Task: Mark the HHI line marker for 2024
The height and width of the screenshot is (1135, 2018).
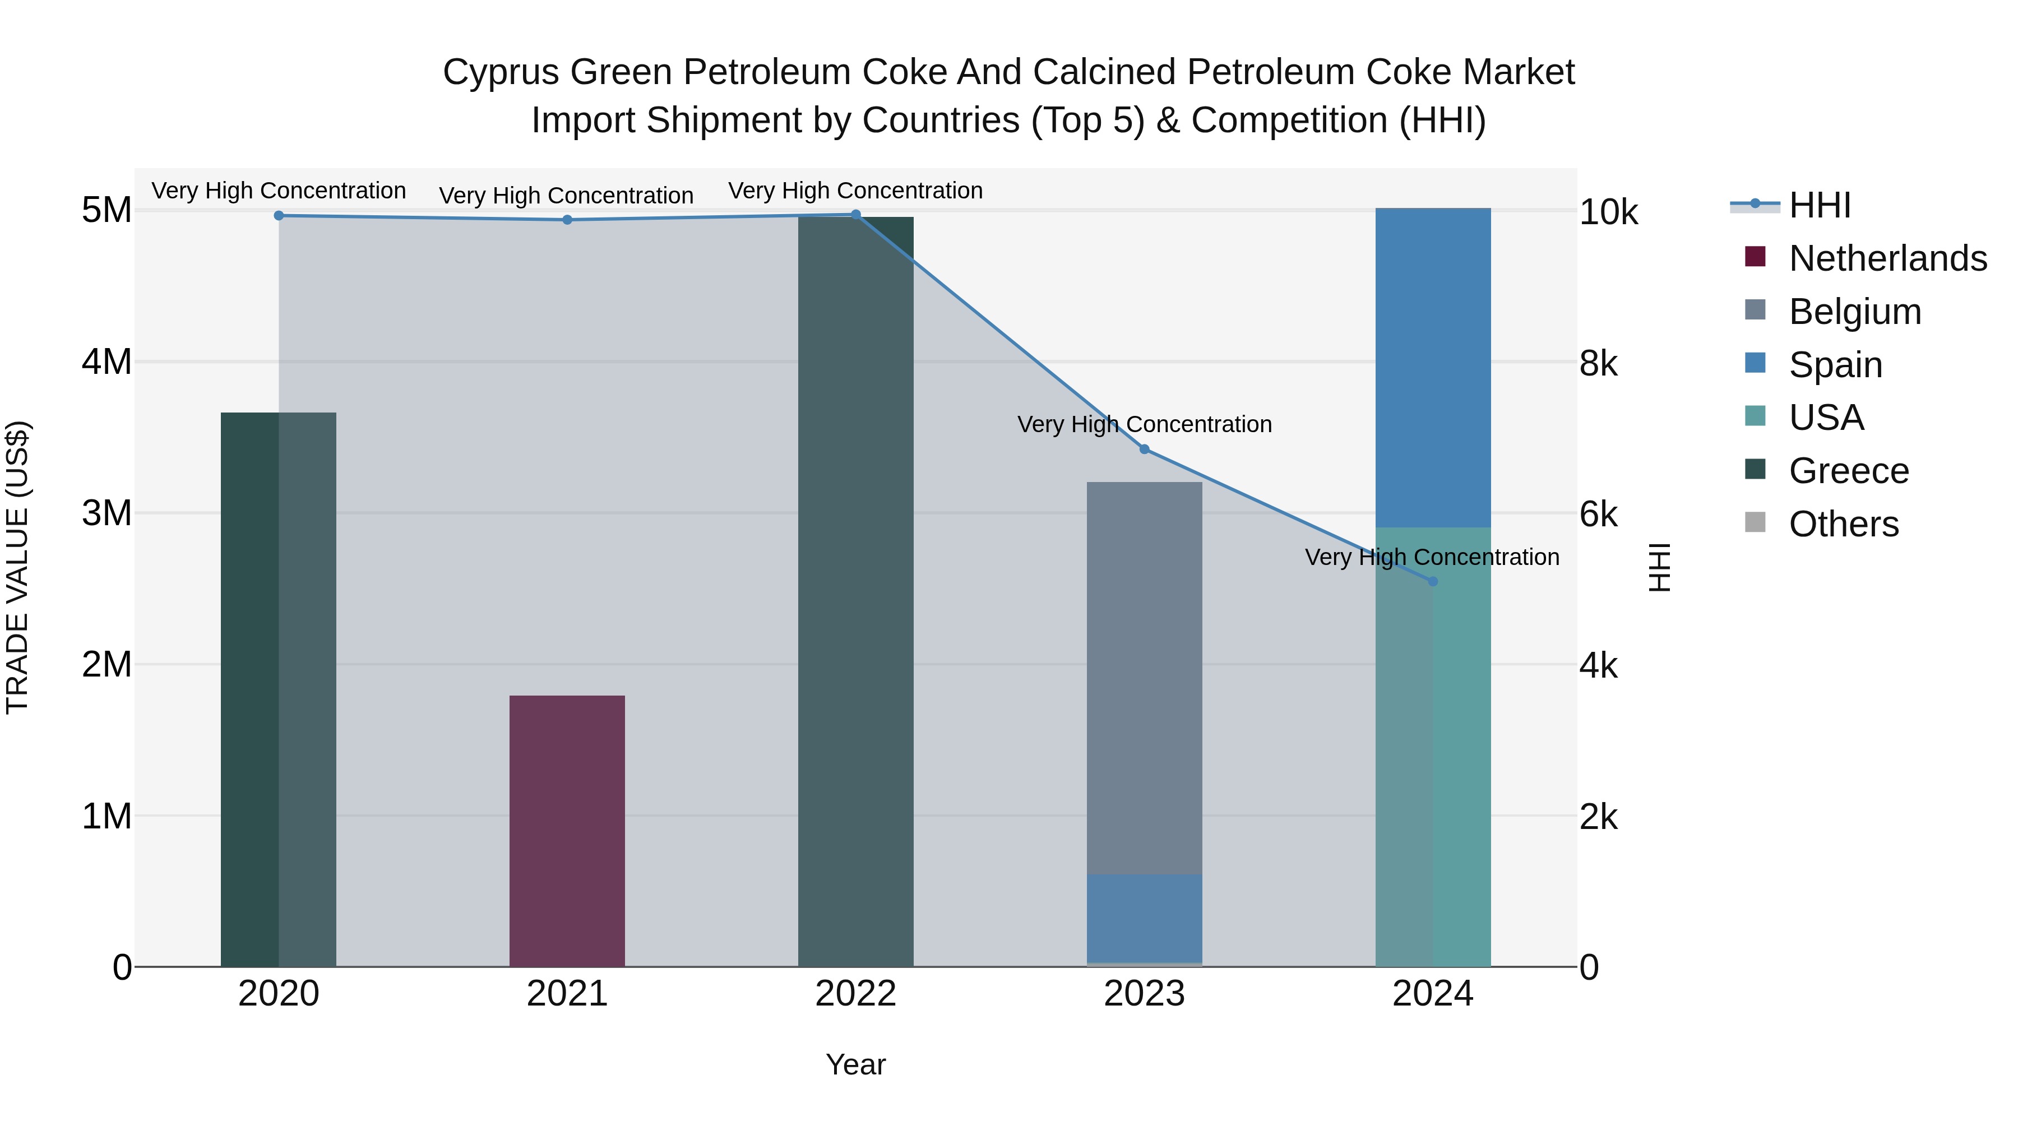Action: coord(1432,581)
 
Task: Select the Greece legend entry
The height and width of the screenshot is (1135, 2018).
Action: coord(1848,471)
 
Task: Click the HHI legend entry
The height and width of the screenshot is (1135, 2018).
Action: coord(1819,205)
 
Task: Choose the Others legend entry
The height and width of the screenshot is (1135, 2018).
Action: coord(1843,524)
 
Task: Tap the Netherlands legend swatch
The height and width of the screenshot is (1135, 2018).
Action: coord(1755,257)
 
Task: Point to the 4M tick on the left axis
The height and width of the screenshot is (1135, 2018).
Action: coord(107,362)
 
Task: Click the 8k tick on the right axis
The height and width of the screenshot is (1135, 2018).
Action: coord(1598,363)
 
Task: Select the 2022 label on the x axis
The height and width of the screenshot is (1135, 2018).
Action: coord(855,994)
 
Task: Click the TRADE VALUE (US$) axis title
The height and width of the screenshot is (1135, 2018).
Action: coord(17,567)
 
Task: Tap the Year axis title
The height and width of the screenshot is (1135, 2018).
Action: coord(855,1064)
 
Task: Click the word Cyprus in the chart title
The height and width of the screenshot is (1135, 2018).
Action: coord(501,72)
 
